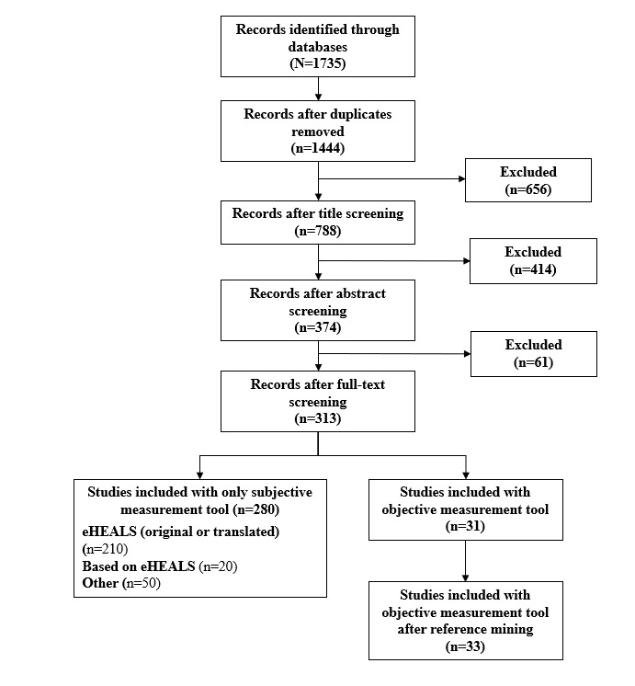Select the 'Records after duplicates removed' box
(x=317, y=130)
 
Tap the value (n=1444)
(x=318, y=146)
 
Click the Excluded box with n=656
(x=527, y=179)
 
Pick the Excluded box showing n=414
(x=532, y=260)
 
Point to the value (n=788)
(x=318, y=230)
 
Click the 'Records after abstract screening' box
(x=317, y=310)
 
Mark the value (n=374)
(x=318, y=326)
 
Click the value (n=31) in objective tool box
(x=465, y=525)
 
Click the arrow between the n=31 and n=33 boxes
(x=465, y=560)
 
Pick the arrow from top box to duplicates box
(x=318, y=87)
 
